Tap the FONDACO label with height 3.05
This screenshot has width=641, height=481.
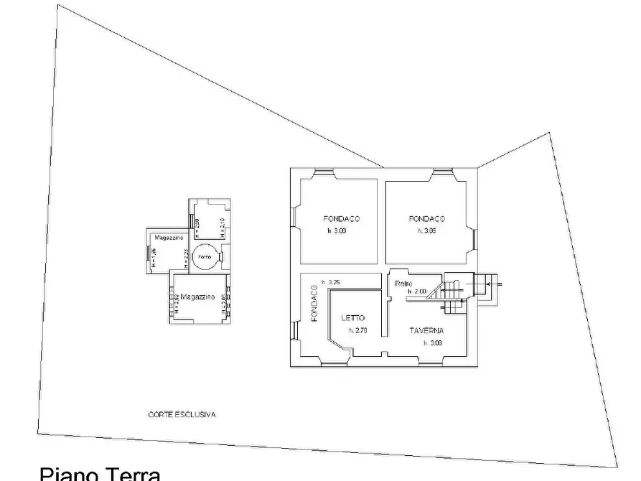(427, 219)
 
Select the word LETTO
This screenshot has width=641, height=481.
(352, 318)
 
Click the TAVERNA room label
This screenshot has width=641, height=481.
(426, 331)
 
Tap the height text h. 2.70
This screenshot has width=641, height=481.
(357, 331)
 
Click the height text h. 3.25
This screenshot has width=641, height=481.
(331, 281)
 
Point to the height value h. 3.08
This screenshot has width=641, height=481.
(432, 343)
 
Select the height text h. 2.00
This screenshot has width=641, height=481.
(417, 291)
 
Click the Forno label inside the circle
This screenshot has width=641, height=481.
(205, 257)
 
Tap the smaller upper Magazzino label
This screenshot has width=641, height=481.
(168, 238)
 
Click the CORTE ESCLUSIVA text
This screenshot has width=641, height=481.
(182, 414)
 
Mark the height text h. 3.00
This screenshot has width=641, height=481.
(337, 231)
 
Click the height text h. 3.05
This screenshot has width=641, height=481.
(427, 231)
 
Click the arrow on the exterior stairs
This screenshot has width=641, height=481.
(491, 286)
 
